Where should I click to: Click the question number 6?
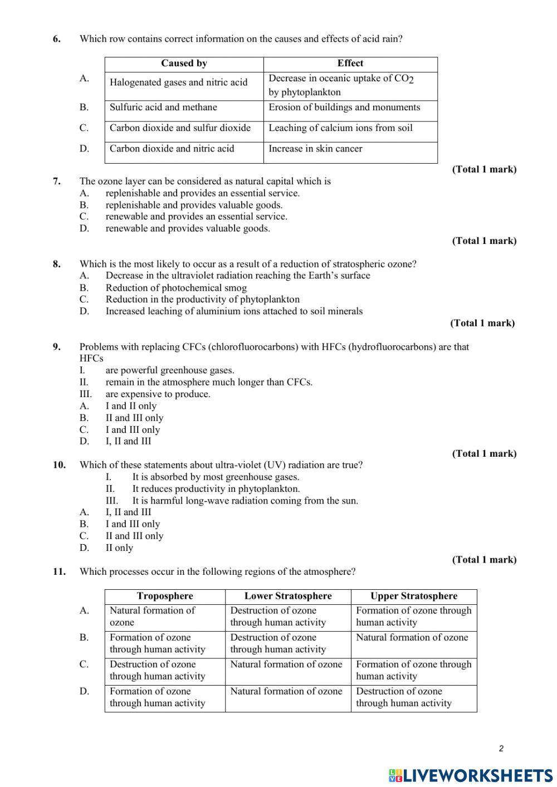[x=57, y=39]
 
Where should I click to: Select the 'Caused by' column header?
[x=184, y=63]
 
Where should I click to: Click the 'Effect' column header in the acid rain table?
[x=350, y=63]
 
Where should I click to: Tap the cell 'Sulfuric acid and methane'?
[x=163, y=107]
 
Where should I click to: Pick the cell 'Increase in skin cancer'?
[x=315, y=149]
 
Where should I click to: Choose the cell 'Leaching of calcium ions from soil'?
[x=340, y=128]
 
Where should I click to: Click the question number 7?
[x=57, y=181]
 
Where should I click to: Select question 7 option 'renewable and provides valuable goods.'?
[x=188, y=228]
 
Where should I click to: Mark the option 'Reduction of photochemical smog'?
[x=176, y=288]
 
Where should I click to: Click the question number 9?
[x=57, y=347]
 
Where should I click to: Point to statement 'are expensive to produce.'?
[x=158, y=394]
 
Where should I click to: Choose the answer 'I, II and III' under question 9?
[x=128, y=441]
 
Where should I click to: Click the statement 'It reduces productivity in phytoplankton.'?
[x=216, y=489]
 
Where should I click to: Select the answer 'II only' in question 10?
[x=119, y=548]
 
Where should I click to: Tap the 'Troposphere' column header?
[x=165, y=596]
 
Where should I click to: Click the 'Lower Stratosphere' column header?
[x=288, y=596]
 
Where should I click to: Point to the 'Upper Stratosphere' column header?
[x=414, y=596]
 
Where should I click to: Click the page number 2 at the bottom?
[x=501, y=749]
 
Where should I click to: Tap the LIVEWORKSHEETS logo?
[x=471, y=775]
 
